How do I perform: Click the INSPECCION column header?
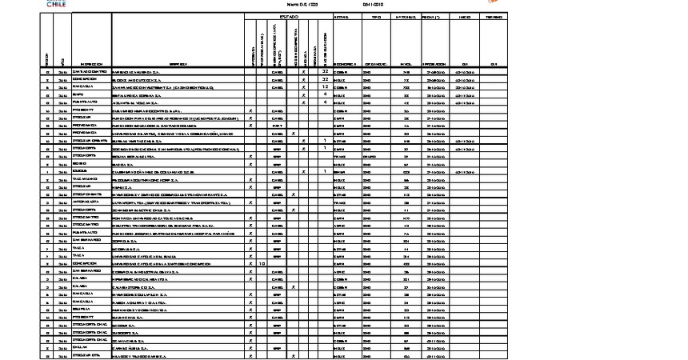(90, 64)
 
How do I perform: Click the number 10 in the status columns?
(262, 262)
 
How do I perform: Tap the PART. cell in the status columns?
(278, 126)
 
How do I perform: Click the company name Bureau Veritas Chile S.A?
(140, 141)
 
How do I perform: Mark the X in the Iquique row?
(303, 171)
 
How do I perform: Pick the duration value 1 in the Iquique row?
(325, 171)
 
